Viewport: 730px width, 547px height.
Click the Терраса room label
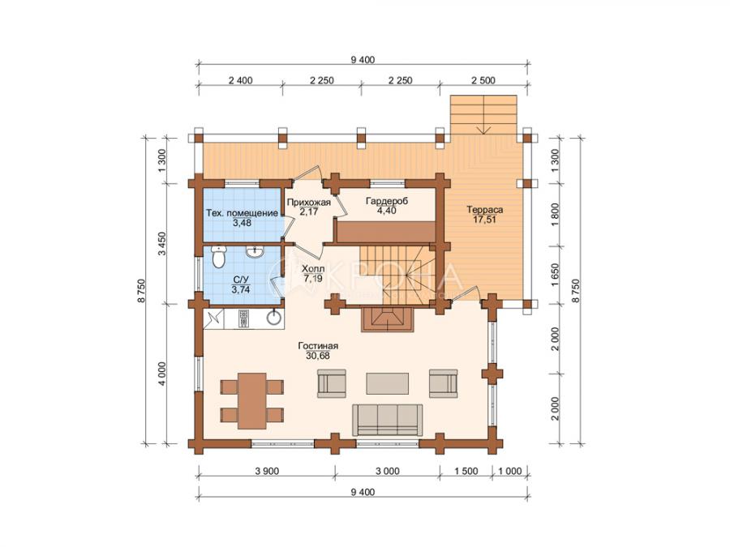click(x=485, y=210)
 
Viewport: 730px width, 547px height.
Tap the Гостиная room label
click(x=318, y=346)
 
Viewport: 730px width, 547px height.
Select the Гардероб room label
click(x=387, y=202)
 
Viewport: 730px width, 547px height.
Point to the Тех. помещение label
click(x=242, y=213)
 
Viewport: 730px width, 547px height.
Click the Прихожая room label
click(x=309, y=203)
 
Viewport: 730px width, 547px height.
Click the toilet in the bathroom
click(x=218, y=257)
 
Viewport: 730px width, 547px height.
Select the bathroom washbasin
click(x=255, y=252)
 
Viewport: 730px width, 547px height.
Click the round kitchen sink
click(x=274, y=318)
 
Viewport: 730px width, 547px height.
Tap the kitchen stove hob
click(x=244, y=319)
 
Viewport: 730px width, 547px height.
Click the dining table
click(x=252, y=400)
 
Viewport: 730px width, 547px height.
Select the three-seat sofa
click(x=388, y=420)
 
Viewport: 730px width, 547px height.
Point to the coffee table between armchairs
click(x=388, y=384)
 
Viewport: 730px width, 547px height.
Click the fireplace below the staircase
click(x=388, y=319)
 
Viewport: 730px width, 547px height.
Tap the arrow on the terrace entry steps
click(x=484, y=115)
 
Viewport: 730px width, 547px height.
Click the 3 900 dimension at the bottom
click(x=267, y=471)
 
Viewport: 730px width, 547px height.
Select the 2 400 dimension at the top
click(x=241, y=80)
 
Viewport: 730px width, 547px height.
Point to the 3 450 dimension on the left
click(x=162, y=244)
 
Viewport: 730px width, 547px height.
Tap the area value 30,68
click(x=318, y=356)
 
